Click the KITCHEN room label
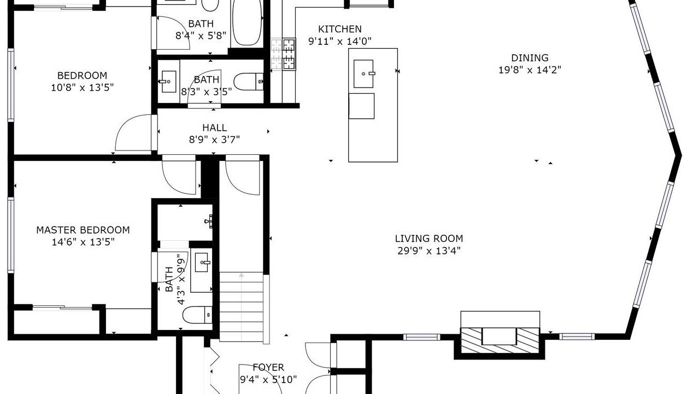pos(340,29)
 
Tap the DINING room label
pos(530,58)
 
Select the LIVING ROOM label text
pos(429,239)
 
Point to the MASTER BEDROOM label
pos(83,230)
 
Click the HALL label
pos(214,128)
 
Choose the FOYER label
pos(268,367)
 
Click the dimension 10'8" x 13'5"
pos(83,88)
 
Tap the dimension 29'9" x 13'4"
pos(429,251)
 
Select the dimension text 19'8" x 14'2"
pos(530,70)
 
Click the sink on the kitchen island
pos(363,74)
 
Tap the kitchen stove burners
pos(289,54)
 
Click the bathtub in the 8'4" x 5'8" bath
pos(247,23)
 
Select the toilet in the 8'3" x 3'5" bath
pos(249,82)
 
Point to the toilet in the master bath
pos(197,315)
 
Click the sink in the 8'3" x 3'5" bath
pos(169,82)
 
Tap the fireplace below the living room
pos(500,340)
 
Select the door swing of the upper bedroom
pos(134,133)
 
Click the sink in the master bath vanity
pos(202,262)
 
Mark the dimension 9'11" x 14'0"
pos(340,41)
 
